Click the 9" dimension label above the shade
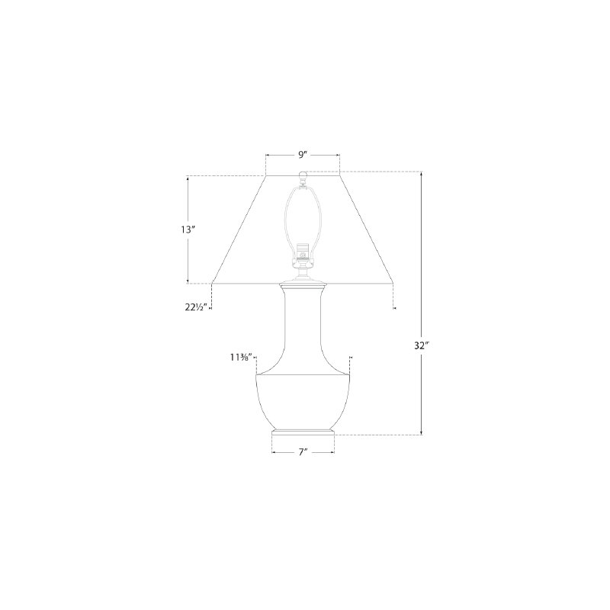point(303,155)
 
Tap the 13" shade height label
point(187,230)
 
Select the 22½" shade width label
point(196,307)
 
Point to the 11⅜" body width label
point(241,357)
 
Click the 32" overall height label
point(421,345)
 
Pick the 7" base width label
point(303,452)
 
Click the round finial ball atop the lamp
point(302,175)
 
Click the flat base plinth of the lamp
point(303,435)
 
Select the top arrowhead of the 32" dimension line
point(422,174)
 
